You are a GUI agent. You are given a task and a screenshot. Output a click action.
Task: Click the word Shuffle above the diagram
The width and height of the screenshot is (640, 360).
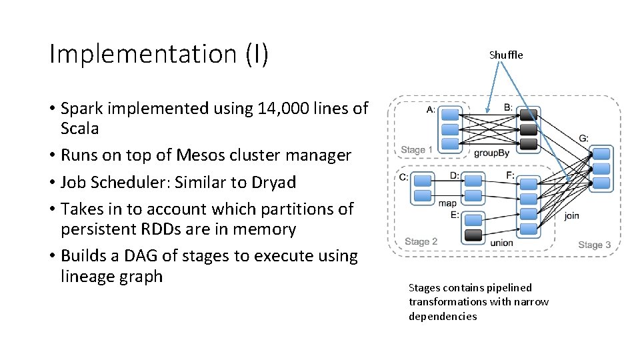(x=506, y=55)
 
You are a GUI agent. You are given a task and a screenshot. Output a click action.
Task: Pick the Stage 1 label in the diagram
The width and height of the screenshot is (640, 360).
(x=417, y=149)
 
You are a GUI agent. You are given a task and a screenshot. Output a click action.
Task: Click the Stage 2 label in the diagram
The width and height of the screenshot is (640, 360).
(x=421, y=241)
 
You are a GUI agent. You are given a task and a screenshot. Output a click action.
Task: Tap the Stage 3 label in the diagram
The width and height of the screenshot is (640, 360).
(x=594, y=245)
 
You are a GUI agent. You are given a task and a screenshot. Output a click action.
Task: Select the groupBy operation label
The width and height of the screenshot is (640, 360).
(x=491, y=153)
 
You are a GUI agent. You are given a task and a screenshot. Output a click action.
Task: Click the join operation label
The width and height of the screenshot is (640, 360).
(x=571, y=216)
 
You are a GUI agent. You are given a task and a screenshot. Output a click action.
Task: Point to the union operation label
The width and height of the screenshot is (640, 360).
(x=501, y=243)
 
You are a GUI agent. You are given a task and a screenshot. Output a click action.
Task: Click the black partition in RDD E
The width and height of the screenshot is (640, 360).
(x=473, y=235)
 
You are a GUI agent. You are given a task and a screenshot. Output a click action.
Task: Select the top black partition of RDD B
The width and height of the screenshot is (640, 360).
(x=528, y=115)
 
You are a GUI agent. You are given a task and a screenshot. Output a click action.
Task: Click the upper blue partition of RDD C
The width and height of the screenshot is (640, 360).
(x=423, y=179)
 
